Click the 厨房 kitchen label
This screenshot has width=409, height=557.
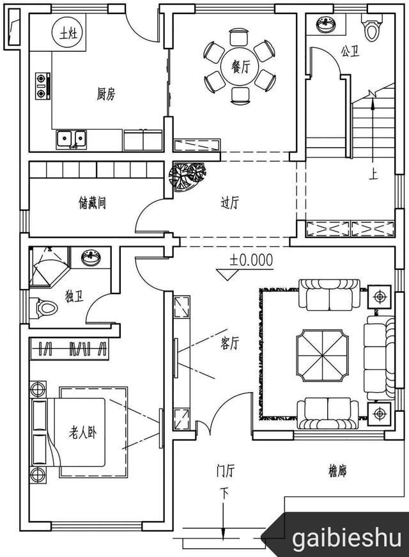[x=106, y=95]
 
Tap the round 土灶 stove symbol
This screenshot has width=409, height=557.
[x=66, y=33]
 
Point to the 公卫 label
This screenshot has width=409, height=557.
[x=349, y=50]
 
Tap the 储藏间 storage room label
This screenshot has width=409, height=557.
[x=92, y=203]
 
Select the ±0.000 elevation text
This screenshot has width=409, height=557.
[x=251, y=260]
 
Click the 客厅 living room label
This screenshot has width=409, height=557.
[x=229, y=343]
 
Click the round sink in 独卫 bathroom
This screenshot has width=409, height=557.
[x=91, y=259]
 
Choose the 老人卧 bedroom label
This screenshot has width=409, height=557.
[x=83, y=433]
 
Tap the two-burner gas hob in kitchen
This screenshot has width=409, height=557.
[x=42, y=86]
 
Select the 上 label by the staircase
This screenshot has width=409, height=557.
[x=371, y=173]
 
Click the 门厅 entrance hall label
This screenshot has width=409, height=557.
[x=225, y=471]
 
